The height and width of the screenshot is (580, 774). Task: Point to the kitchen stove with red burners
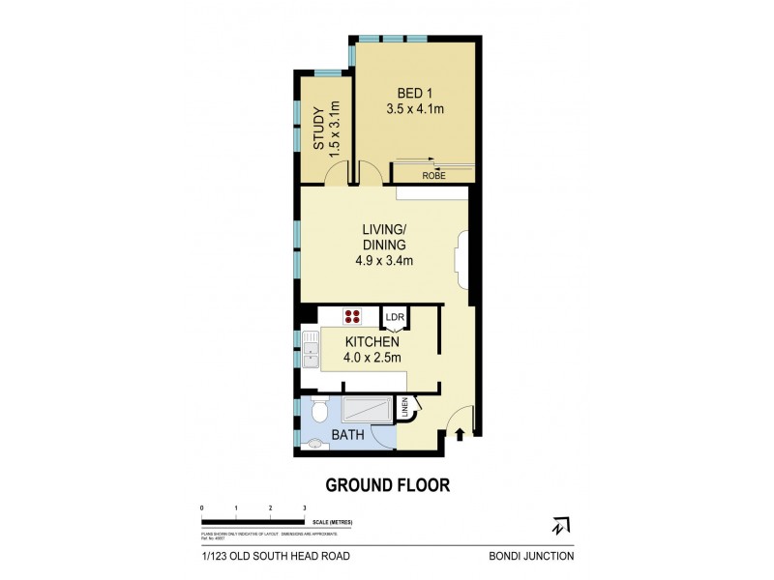(x=352, y=316)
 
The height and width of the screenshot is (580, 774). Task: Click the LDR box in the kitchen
(x=395, y=317)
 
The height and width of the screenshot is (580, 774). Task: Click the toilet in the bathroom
(x=319, y=411)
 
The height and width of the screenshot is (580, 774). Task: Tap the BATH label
(x=347, y=436)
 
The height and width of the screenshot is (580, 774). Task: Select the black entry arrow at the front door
(x=461, y=434)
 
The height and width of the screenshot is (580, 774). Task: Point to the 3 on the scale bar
(x=305, y=507)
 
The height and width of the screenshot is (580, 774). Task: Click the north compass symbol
(x=559, y=526)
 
